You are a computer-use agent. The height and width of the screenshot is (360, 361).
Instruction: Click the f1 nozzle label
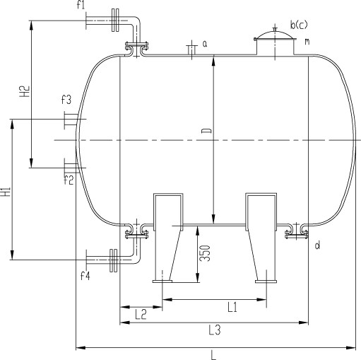coord(81,5)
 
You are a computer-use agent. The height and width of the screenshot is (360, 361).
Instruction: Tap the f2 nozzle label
coord(69,180)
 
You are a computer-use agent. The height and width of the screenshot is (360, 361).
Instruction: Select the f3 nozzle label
coord(66,100)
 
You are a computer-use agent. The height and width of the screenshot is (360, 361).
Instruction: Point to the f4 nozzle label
coord(85,275)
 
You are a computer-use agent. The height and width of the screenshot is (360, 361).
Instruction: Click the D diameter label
coord(206,131)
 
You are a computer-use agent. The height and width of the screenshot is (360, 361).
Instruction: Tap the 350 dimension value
coord(204,253)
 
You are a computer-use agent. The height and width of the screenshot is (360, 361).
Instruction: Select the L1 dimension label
coord(232,307)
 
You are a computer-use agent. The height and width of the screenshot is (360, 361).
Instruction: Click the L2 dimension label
coord(141,314)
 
